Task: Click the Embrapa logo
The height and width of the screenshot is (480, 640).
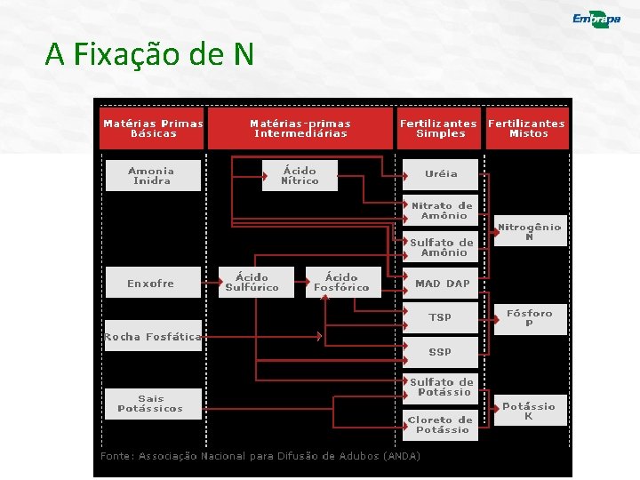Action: coord(596,20)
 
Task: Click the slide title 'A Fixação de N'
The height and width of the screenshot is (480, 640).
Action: coord(149,55)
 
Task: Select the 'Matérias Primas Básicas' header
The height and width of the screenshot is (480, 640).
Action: coord(153,129)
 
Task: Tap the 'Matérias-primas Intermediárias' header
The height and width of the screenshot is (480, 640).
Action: coord(300,129)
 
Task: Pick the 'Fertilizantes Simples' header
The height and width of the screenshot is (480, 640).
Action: coord(438,129)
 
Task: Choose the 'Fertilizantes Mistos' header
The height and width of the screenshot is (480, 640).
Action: coord(527,129)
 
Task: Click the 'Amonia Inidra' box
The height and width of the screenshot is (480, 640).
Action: coord(152,176)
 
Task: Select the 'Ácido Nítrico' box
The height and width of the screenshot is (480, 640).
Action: coord(300,176)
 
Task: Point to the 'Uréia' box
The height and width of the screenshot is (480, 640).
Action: coord(441,174)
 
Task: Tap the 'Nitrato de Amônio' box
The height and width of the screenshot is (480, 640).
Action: coord(442,211)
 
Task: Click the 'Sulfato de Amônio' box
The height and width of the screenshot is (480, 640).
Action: coord(442,247)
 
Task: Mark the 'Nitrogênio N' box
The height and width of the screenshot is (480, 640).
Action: coord(530,232)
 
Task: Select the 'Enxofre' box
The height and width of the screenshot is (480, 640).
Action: coord(151,284)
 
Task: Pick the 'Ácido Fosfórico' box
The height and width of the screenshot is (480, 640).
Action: coord(341,283)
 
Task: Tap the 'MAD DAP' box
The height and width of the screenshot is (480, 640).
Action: coord(442,284)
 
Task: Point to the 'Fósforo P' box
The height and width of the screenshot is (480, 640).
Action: coord(530,318)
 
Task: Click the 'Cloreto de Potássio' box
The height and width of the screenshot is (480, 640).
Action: coord(442,425)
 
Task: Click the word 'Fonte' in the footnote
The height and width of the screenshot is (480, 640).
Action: coord(116,456)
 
